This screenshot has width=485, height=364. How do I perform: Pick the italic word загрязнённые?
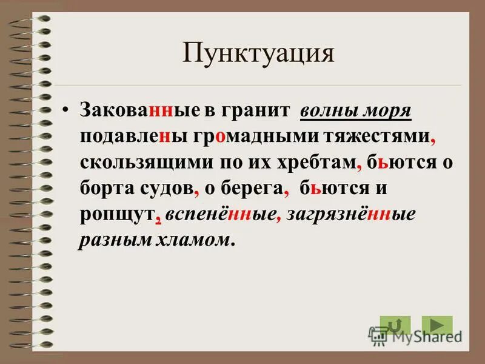348,215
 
